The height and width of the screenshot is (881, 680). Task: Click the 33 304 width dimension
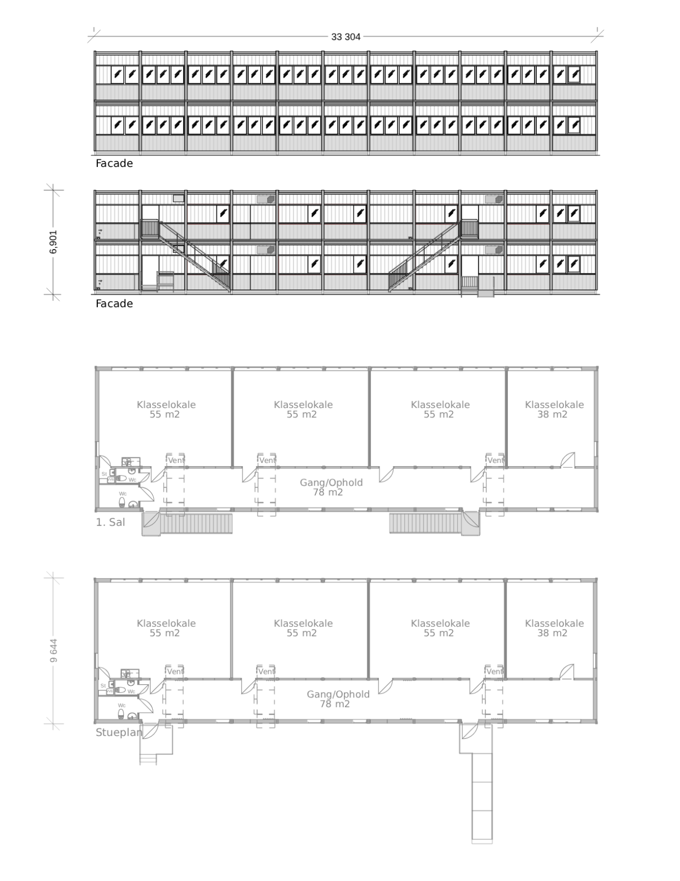tap(346, 37)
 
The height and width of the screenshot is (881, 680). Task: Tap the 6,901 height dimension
tap(53, 242)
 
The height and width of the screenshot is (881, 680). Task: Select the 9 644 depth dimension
tap(54, 650)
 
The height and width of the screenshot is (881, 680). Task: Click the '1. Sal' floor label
tap(110, 522)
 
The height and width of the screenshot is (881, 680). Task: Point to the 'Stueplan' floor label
tap(119, 732)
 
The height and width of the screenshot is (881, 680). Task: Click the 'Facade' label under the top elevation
tap(114, 163)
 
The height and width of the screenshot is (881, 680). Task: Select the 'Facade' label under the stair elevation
tap(114, 303)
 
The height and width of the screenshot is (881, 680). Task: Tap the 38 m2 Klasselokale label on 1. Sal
tap(554, 410)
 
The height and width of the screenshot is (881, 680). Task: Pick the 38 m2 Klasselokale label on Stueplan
tap(554, 628)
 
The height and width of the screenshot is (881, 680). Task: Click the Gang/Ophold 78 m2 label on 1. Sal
tap(331, 487)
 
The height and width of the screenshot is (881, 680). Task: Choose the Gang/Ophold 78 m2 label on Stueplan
tap(337, 699)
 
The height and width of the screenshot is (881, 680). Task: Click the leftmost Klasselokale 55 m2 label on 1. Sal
tap(166, 410)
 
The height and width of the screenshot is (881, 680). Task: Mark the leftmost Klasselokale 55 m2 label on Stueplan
tap(166, 628)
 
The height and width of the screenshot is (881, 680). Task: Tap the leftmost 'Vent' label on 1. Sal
tap(176, 460)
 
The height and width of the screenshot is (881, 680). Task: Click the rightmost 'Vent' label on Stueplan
tap(495, 671)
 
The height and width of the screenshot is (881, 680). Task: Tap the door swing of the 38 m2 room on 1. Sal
tap(568, 460)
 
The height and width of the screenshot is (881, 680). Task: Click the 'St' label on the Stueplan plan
tap(103, 685)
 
